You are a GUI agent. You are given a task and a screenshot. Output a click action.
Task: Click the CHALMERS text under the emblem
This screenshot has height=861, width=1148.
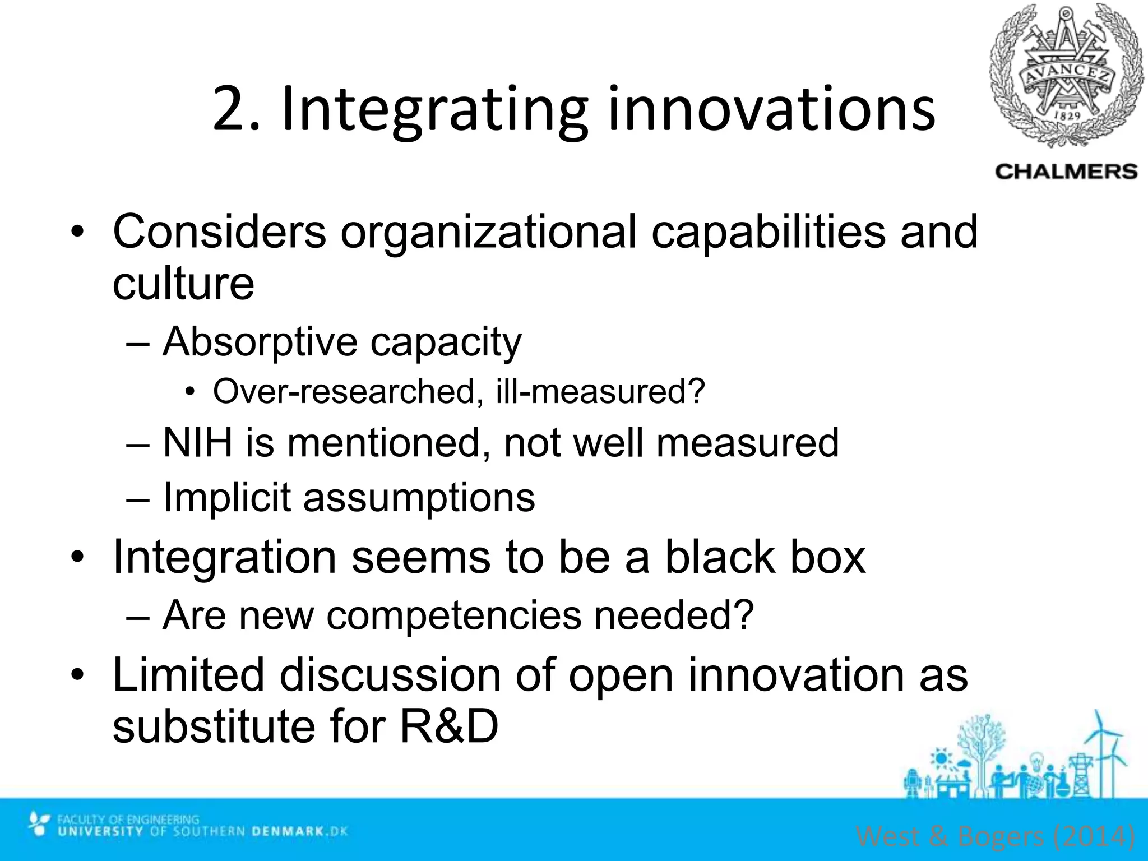[1066, 172]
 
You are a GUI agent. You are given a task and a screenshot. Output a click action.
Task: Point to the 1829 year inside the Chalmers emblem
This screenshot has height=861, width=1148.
[1067, 115]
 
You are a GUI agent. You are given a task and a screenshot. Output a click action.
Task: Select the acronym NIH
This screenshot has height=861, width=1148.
[197, 442]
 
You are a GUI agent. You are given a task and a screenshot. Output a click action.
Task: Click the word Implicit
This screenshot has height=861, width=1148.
[226, 497]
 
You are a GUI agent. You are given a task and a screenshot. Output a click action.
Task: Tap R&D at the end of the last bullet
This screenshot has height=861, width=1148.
[449, 726]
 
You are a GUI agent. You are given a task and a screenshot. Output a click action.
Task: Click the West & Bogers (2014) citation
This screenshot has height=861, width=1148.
[996, 836]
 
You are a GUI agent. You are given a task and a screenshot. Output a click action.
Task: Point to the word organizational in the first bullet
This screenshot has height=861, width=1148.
[488, 231]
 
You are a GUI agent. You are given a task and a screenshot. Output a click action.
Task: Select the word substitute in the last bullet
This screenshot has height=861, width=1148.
[214, 726]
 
